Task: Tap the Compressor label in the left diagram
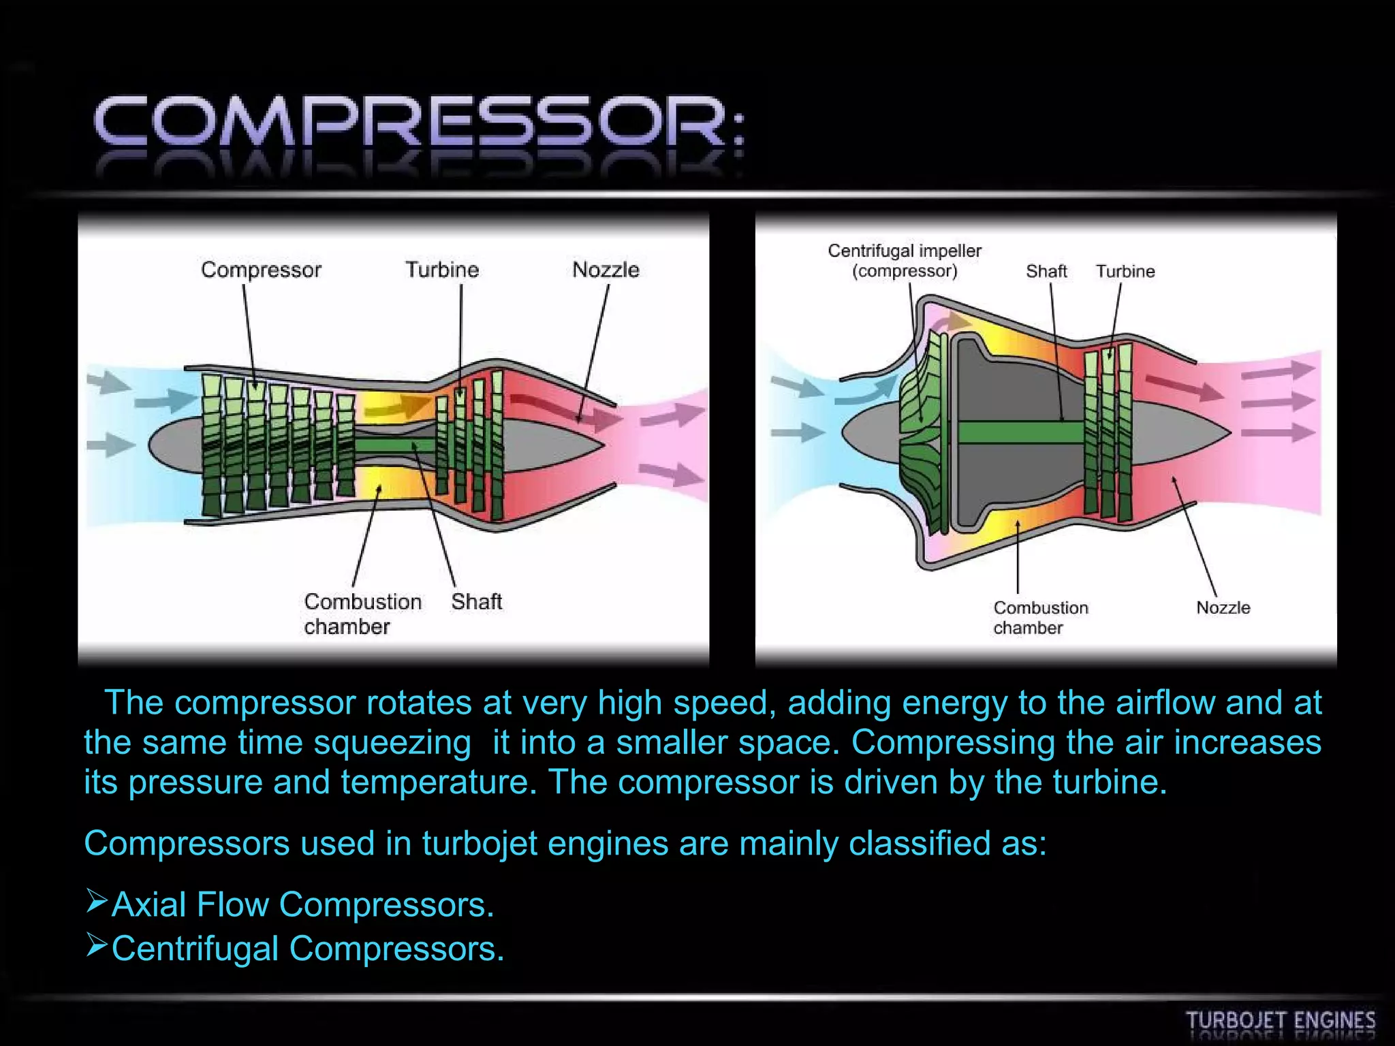pos(261,270)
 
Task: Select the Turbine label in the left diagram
pos(442,270)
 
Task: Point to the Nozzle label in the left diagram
pos(606,270)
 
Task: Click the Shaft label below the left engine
pos(476,602)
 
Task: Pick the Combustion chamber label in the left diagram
pos(362,614)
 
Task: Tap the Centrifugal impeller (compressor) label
pos(905,261)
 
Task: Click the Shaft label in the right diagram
pos(1046,271)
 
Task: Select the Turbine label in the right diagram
pos(1125,271)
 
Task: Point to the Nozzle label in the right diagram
pos(1223,607)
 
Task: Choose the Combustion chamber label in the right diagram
pos(1041,618)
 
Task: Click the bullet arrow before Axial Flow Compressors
pos(97,901)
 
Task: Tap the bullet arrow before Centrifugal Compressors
pos(97,945)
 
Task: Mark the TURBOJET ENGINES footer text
pos(1281,1021)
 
